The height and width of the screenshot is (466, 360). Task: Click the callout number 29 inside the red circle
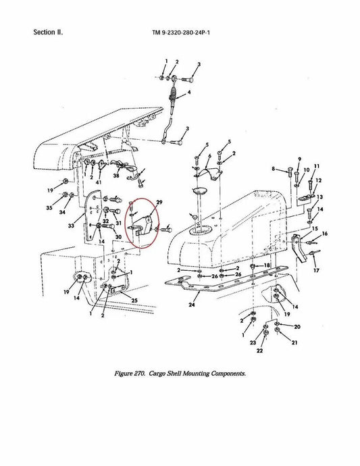(x=159, y=203)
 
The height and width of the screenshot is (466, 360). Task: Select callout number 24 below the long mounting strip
(x=192, y=305)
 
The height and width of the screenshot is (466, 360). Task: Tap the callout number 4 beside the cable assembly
(x=189, y=93)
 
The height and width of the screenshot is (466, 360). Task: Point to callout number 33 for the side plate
(x=71, y=226)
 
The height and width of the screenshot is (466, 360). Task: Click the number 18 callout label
(x=267, y=265)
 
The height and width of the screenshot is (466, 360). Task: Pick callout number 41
(x=99, y=182)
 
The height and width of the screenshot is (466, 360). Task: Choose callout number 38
(x=116, y=176)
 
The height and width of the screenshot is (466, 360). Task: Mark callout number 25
(x=134, y=300)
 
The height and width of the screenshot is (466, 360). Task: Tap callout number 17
(x=316, y=270)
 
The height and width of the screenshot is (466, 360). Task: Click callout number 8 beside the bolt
(x=273, y=169)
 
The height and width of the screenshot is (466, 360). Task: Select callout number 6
(x=209, y=156)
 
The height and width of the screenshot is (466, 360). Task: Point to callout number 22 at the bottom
(x=259, y=351)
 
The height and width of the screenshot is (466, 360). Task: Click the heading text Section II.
(x=48, y=32)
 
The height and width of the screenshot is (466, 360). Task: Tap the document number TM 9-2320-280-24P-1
(x=181, y=32)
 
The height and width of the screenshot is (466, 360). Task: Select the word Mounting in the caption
(x=196, y=373)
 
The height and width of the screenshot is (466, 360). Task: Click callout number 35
(x=49, y=208)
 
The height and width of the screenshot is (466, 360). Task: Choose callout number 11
(x=317, y=166)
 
